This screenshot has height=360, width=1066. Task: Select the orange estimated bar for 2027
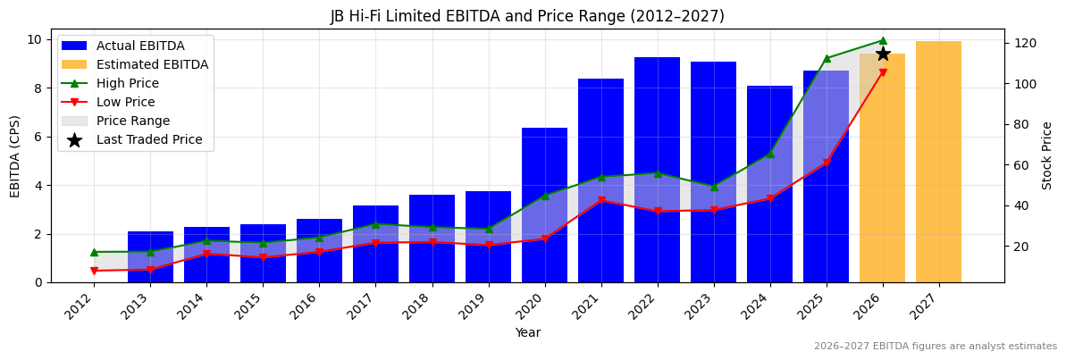938,161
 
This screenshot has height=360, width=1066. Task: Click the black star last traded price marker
883,54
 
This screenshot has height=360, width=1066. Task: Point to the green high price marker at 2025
827,58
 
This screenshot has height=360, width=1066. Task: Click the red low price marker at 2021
601,200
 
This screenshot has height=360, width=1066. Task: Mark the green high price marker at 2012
94,252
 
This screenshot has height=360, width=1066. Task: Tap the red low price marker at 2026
883,73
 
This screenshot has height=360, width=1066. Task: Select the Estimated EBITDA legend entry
152,64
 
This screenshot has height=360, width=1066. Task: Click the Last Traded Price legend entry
149,139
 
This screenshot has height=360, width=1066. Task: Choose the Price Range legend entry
132,121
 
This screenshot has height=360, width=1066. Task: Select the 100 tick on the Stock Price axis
1022,84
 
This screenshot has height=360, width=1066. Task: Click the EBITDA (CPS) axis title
15,155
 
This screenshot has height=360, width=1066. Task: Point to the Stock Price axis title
1048,155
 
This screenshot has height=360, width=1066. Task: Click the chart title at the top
527,16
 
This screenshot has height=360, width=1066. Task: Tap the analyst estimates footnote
935,347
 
